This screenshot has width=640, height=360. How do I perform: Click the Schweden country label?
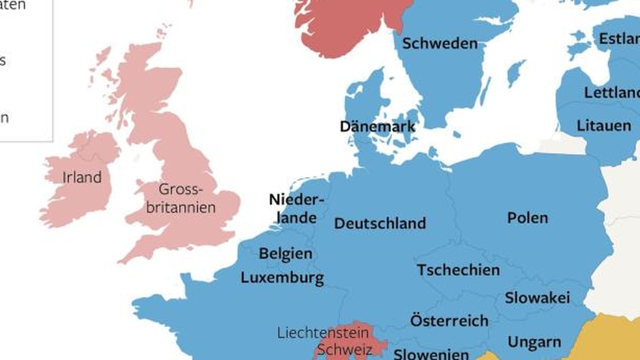coord(440,43)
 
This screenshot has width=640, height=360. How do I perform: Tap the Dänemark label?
coord(377,126)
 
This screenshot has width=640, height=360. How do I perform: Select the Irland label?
coord(82,177)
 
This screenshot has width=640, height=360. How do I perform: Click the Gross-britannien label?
coord(180,198)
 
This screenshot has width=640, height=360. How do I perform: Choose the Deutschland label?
coord(380,223)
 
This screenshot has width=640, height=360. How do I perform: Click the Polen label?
coord(527,218)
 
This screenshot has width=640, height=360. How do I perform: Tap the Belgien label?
coord(285,253)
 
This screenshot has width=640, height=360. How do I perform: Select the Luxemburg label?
coord(282,278)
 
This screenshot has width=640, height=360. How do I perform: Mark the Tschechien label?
coord(458,270)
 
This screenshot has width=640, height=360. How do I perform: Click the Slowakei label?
coord(537,298)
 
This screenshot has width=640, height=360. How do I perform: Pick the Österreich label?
coord(449,320)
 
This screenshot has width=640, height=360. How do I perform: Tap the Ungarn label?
coord(534,342)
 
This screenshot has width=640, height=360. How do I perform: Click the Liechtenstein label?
coord(322,333)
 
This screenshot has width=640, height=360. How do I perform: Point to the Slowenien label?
coord(431,354)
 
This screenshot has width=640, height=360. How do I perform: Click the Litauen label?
coord(603,125)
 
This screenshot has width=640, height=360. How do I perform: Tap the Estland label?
coord(619,39)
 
